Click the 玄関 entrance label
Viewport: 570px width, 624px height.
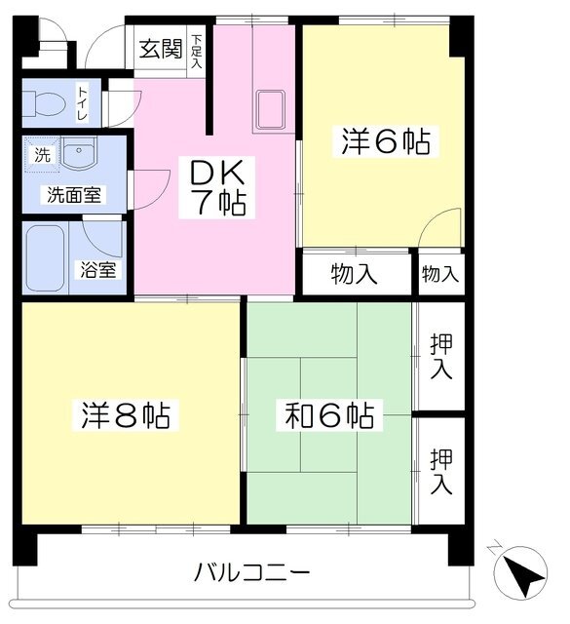click(x=161, y=49)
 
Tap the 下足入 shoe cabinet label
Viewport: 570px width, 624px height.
click(x=196, y=51)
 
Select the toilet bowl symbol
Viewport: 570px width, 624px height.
click(x=44, y=103)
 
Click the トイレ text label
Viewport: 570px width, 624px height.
click(x=83, y=103)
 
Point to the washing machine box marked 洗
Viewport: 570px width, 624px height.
click(x=42, y=155)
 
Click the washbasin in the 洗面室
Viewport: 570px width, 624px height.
click(x=79, y=154)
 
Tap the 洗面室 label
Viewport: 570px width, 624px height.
click(x=74, y=195)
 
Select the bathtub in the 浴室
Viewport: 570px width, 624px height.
click(x=45, y=257)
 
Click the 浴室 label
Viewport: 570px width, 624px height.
click(x=97, y=270)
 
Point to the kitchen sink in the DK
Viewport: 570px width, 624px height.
click(x=271, y=110)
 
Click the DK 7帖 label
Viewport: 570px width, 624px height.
click(x=217, y=186)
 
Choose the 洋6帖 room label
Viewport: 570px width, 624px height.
click(x=386, y=141)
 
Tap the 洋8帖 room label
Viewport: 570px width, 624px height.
click(x=126, y=415)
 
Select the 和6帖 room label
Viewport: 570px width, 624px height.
click(x=329, y=415)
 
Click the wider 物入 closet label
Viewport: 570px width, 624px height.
click(x=354, y=274)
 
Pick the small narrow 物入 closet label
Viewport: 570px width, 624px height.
click(x=440, y=274)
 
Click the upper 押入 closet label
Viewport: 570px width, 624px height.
click(x=441, y=356)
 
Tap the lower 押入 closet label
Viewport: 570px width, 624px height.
click(x=441, y=471)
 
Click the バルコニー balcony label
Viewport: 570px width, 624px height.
click(x=251, y=572)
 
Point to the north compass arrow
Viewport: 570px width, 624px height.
click(x=520, y=572)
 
